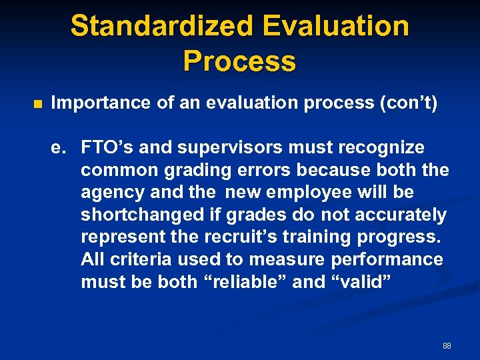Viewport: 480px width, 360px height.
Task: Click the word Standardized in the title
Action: (162, 27)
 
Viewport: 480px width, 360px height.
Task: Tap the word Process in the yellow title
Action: (239, 61)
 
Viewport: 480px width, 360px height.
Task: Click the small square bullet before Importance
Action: (37, 104)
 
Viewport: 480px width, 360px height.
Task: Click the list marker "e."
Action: (60, 147)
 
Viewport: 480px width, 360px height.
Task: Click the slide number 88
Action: (447, 346)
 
